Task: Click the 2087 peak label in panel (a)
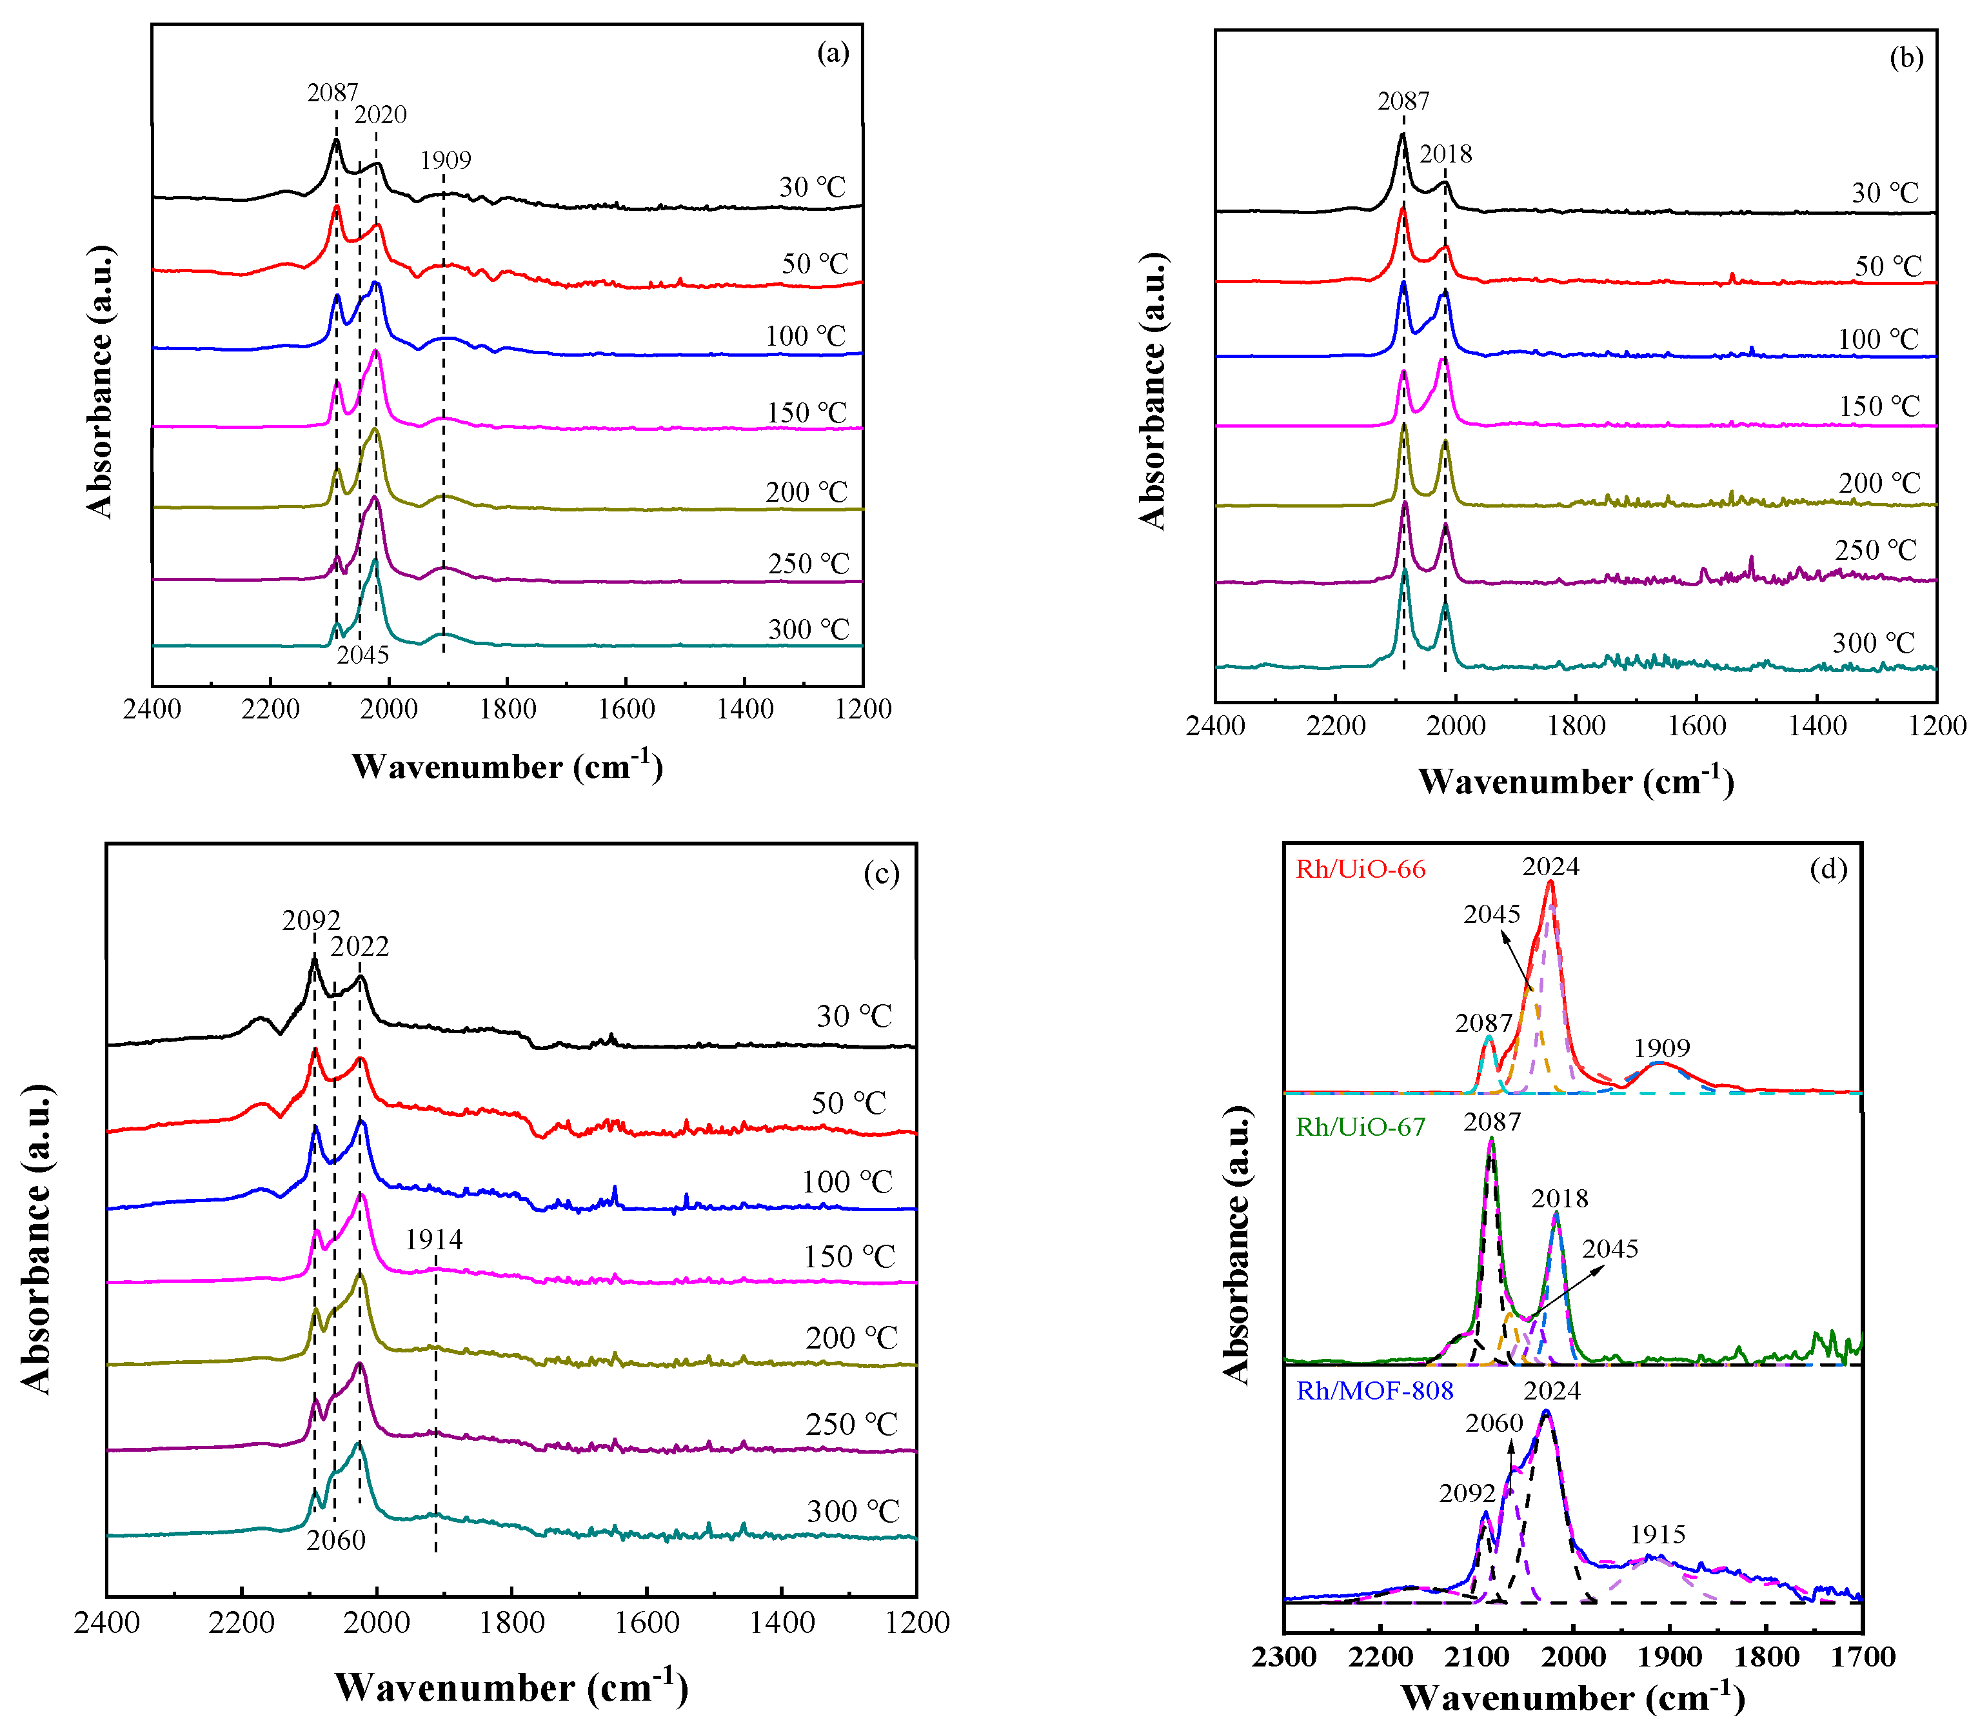[332, 93]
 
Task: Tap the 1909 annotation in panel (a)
[445, 161]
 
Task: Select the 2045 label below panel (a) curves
[362, 655]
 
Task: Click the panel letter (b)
[1906, 58]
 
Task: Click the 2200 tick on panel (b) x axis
[1335, 726]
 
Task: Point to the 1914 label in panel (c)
[433, 1240]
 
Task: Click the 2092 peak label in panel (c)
[311, 920]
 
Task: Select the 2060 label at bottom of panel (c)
[336, 1539]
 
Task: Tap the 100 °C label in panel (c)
[847, 1182]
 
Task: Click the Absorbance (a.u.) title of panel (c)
[37, 1240]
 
